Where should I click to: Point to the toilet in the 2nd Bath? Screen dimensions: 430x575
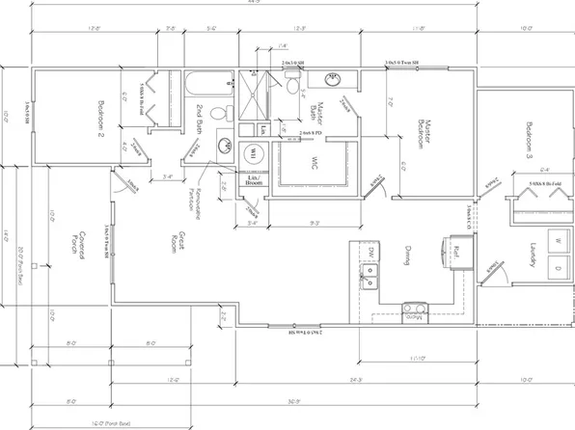pos(218,116)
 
